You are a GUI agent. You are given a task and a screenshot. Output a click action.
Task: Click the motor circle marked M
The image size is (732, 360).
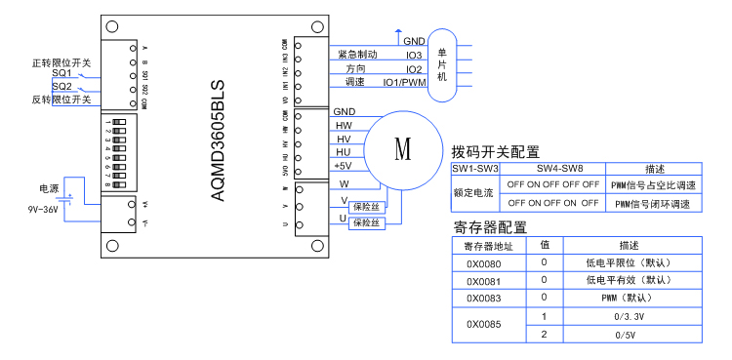pyautogui.click(x=402, y=149)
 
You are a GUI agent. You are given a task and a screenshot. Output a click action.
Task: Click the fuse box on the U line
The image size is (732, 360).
pyautogui.click(x=369, y=222)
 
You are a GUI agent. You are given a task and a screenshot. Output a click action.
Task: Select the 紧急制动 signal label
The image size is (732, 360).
pyautogui.click(x=356, y=56)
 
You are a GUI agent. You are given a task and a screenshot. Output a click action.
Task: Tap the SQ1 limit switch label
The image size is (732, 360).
pyautogui.click(x=61, y=74)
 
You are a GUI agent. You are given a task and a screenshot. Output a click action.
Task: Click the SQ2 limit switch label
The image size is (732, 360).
pyautogui.click(x=61, y=87)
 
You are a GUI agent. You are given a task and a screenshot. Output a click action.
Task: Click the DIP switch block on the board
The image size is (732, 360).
pyautogui.click(x=119, y=144)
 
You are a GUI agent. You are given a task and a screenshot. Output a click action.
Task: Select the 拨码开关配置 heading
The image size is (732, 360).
pyautogui.click(x=495, y=152)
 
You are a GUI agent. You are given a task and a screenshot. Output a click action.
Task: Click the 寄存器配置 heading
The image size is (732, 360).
pyautogui.click(x=490, y=227)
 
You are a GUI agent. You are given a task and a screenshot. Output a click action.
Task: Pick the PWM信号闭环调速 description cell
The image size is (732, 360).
pyautogui.click(x=653, y=203)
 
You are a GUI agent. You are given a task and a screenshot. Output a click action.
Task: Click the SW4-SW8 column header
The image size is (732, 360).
pyautogui.click(x=552, y=169)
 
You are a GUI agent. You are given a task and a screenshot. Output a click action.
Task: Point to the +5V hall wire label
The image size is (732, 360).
pyautogui.click(x=343, y=166)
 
